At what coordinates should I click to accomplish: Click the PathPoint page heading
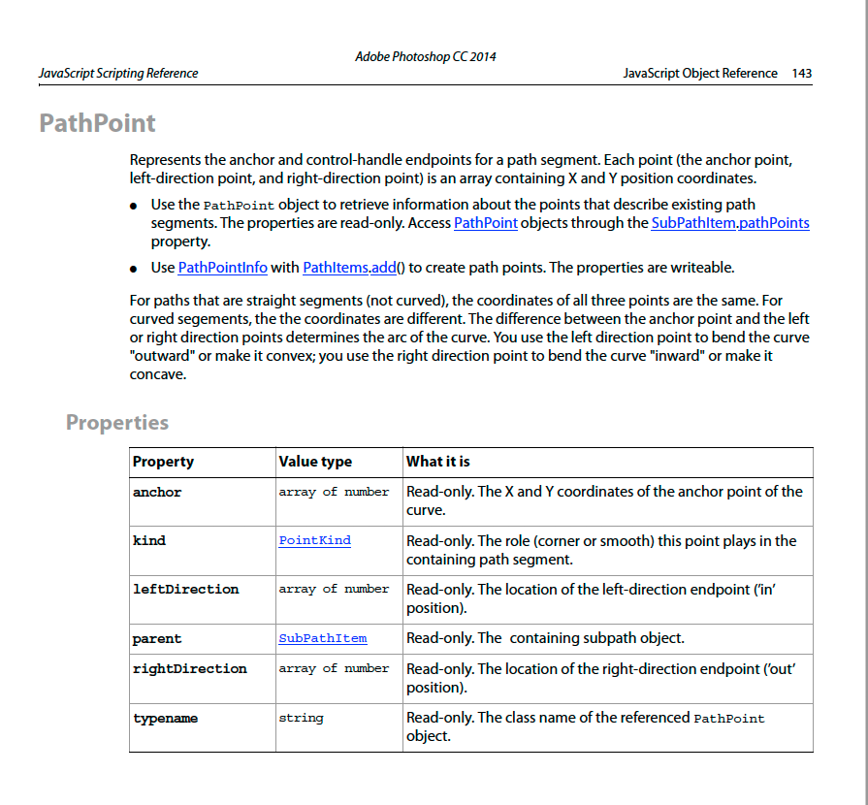point(97,123)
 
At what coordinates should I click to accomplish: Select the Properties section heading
point(117,423)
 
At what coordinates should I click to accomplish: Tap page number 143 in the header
point(801,73)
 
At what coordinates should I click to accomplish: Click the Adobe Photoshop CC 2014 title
point(426,56)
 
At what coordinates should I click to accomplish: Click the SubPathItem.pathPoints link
point(729,223)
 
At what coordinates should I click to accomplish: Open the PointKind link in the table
point(314,540)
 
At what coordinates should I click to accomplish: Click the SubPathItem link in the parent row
point(322,638)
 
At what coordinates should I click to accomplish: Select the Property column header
point(163,462)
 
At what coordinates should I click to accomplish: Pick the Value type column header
point(315,462)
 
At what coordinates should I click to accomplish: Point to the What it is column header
point(438,462)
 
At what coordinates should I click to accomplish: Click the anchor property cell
point(157,492)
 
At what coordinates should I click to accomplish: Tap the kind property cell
point(149,540)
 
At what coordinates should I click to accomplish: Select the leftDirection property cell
point(185,589)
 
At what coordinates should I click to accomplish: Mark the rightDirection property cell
point(189,668)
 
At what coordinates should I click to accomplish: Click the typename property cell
point(165,718)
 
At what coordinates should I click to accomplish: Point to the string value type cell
point(301,718)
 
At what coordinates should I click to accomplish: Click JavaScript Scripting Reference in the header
point(118,73)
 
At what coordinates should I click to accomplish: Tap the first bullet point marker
point(134,207)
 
